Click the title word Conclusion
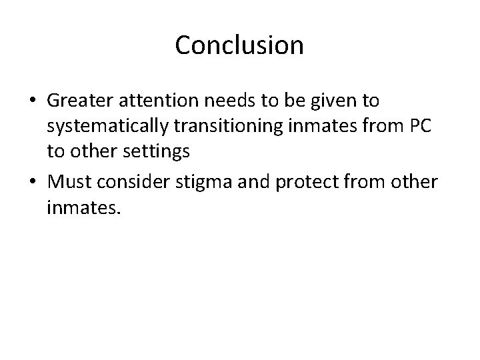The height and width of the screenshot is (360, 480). click(239, 45)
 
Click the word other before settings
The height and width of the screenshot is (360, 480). click(90, 152)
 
